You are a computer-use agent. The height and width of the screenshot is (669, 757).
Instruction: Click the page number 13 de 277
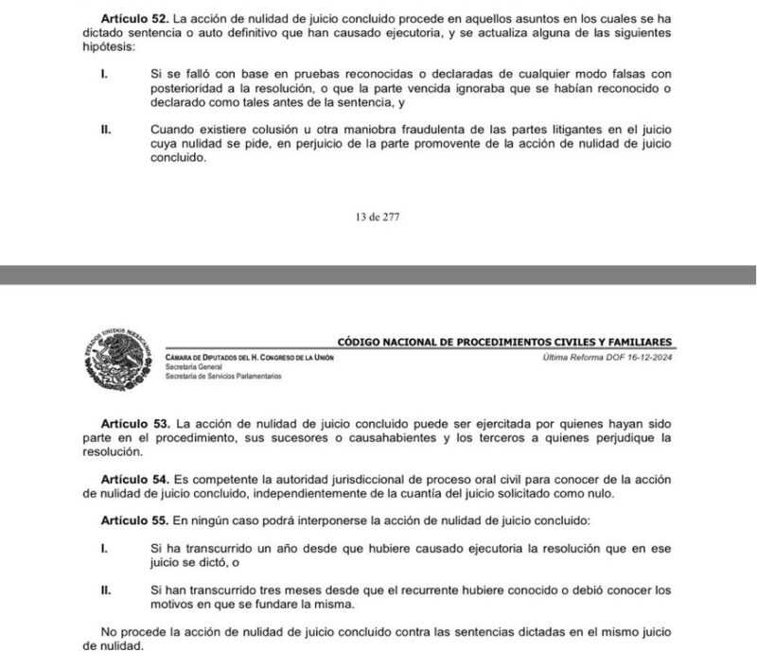coord(378,216)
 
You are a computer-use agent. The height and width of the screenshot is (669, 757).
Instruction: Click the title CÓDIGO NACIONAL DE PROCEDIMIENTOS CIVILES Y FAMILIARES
coord(505,341)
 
